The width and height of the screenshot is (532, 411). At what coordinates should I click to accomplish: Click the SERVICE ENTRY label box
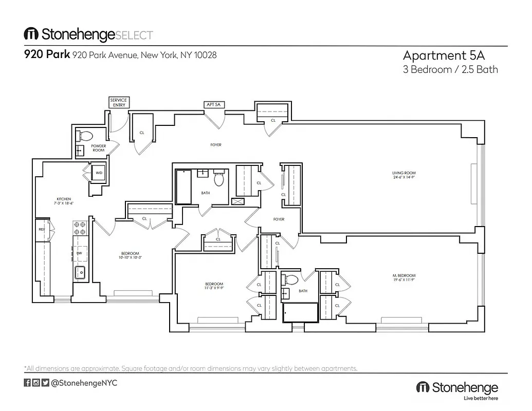(119, 102)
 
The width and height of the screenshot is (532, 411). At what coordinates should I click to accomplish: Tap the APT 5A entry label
(213, 105)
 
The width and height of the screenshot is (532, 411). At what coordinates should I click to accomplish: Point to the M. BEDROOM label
(403, 278)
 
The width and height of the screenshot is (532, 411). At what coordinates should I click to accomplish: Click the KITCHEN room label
(64, 201)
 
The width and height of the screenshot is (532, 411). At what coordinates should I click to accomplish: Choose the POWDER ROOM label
(98, 148)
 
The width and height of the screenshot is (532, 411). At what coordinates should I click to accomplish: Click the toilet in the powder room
(85, 136)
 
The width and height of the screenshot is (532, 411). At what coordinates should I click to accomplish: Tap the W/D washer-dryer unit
(98, 173)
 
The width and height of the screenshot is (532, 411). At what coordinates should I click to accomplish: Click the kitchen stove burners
(79, 228)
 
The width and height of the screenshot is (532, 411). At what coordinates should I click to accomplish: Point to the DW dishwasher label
(79, 253)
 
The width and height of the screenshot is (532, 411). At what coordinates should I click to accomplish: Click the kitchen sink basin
(80, 272)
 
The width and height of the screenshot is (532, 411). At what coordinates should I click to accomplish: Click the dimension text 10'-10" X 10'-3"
(130, 257)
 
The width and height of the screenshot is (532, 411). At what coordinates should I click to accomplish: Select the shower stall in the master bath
(300, 312)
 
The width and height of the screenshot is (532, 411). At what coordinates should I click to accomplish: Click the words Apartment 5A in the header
(444, 55)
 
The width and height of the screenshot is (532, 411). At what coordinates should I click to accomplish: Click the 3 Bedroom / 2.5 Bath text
(450, 69)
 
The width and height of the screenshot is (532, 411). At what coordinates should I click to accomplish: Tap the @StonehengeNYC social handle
(85, 383)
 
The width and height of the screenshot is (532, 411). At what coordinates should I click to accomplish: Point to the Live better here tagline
(481, 398)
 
